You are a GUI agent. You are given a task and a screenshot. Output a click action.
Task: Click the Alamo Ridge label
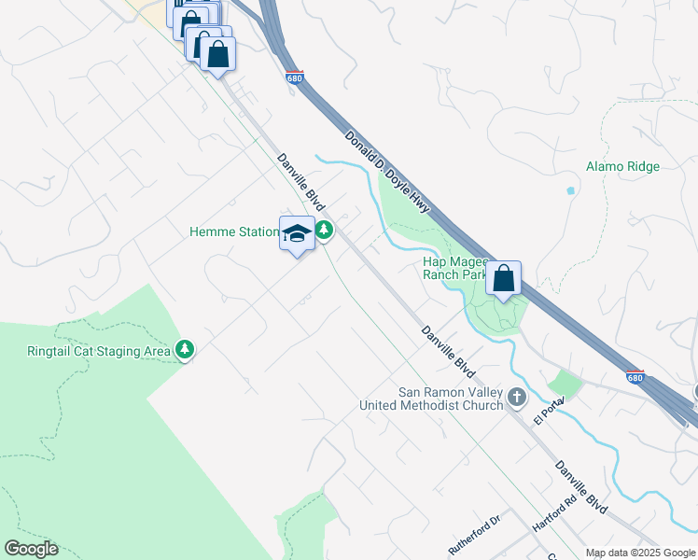[622, 167]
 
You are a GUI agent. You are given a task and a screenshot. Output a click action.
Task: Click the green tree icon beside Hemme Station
[324, 230]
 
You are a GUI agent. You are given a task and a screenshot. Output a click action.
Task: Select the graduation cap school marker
[297, 233]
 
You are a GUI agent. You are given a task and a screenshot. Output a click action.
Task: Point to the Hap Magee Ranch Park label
[454, 269]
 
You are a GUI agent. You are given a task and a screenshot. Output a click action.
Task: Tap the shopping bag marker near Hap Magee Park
[503, 278]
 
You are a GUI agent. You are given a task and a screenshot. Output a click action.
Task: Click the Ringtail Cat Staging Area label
[98, 352]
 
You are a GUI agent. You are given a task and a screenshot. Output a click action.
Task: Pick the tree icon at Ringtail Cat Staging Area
[185, 350]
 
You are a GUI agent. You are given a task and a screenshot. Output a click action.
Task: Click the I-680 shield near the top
[295, 78]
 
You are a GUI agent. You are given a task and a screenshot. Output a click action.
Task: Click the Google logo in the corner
[31, 549]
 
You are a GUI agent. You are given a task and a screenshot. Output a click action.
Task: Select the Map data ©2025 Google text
[640, 553]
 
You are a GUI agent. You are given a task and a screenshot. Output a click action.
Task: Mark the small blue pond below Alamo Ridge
[570, 190]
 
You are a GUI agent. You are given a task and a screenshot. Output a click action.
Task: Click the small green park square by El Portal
[564, 384]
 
